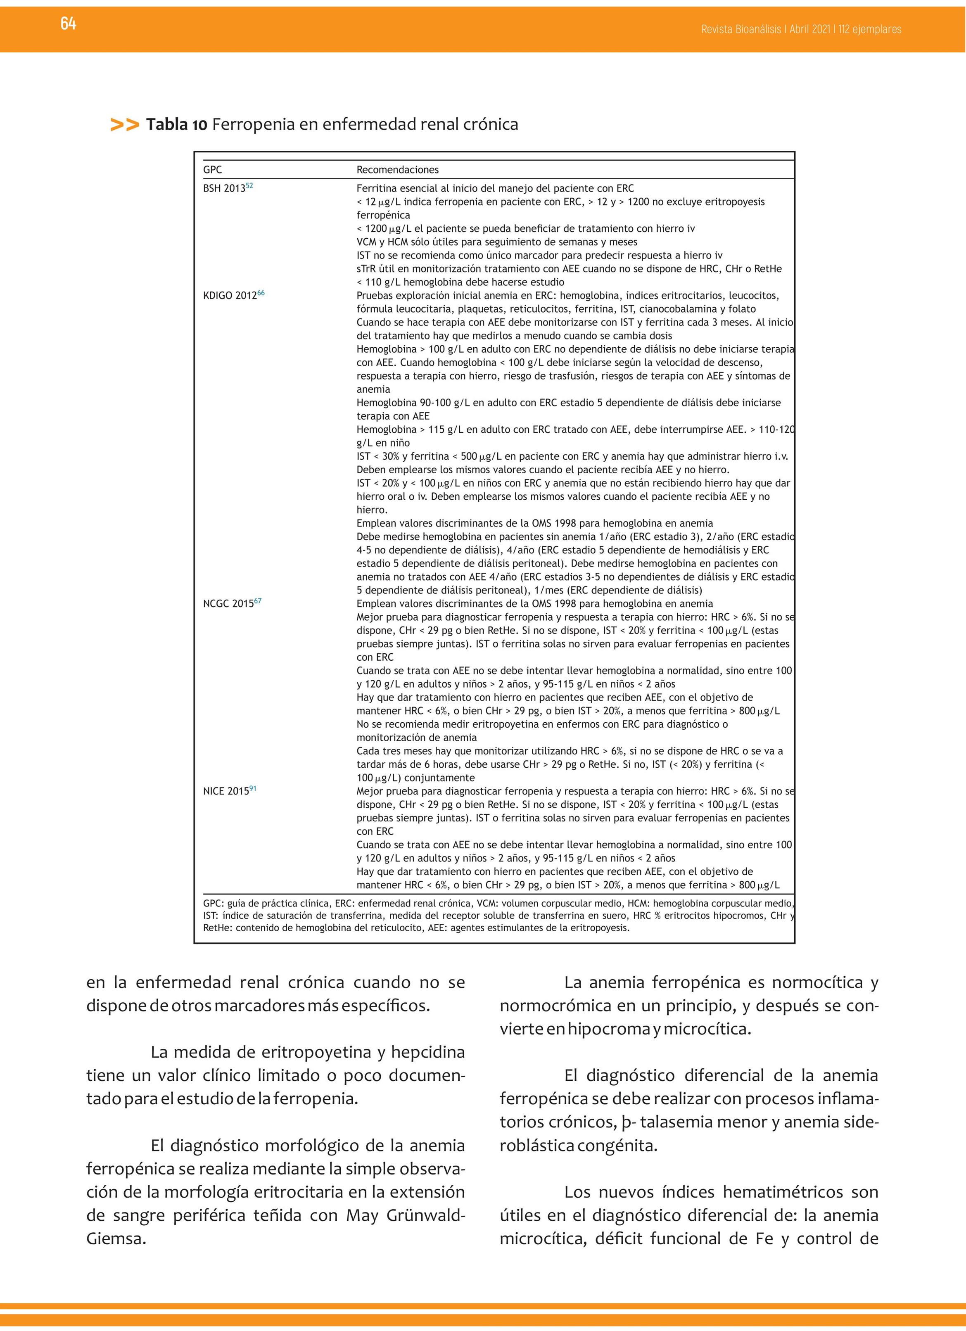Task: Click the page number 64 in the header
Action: tap(68, 24)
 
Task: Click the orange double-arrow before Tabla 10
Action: tap(124, 125)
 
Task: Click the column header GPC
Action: tap(212, 170)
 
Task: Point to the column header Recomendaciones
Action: tap(397, 170)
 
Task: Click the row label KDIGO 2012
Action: tap(230, 296)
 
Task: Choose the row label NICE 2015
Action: tap(226, 792)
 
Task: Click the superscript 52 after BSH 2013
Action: tap(249, 186)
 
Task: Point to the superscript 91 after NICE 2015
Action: tap(253, 789)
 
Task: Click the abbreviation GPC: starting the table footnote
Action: tap(213, 904)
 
